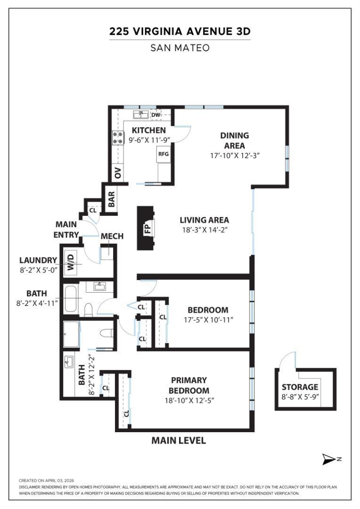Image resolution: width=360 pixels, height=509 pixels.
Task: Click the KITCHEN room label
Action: click(x=149, y=130)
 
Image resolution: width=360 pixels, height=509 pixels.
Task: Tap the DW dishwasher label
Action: click(x=156, y=115)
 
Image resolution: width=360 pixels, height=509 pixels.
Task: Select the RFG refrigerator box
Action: click(x=164, y=154)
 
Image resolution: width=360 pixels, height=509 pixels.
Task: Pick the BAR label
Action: click(x=111, y=199)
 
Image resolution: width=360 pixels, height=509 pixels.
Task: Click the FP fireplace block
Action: click(x=145, y=228)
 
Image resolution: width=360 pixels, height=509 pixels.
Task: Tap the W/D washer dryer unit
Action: click(x=71, y=263)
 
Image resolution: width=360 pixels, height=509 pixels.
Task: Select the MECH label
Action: click(x=112, y=236)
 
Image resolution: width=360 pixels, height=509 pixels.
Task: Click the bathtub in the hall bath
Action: click(x=71, y=299)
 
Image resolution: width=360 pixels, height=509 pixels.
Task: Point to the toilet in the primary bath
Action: click(x=106, y=333)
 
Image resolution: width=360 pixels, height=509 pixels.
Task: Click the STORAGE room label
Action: click(x=300, y=387)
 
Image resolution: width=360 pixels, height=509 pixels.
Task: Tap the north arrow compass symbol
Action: click(x=329, y=459)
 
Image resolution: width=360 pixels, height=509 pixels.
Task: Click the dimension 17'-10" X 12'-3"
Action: click(x=235, y=156)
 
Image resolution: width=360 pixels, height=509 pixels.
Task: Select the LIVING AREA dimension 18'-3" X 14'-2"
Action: click(x=205, y=230)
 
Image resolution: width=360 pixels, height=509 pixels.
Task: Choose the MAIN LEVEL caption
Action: click(x=179, y=441)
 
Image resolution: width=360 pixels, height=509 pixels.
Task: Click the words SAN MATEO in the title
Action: click(x=180, y=48)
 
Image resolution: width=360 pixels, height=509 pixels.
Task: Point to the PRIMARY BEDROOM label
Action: click(x=189, y=385)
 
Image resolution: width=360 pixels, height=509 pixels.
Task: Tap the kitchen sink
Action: click(x=141, y=114)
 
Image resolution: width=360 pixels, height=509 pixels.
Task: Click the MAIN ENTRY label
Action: click(x=66, y=230)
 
